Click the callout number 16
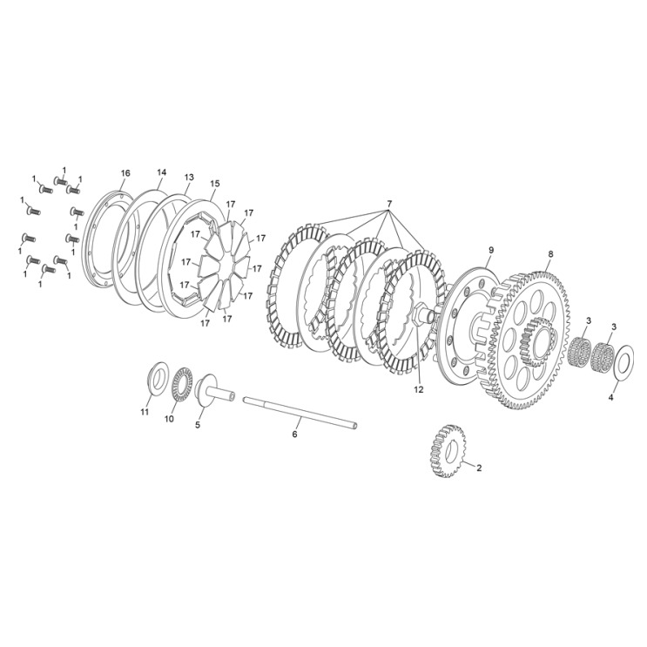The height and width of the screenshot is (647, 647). [125, 173]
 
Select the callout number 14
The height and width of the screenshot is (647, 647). [162, 172]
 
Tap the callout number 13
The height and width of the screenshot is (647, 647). [189, 177]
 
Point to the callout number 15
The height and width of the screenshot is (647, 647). [215, 183]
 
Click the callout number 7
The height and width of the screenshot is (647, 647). [389, 204]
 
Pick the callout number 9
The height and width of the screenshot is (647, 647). [490, 250]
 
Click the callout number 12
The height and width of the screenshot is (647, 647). [419, 390]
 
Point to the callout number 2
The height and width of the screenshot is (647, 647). [479, 468]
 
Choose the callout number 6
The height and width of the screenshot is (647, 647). [295, 433]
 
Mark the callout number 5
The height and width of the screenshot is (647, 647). [198, 425]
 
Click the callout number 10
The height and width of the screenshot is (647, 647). [170, 419]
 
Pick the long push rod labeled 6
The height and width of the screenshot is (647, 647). [300, 412]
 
